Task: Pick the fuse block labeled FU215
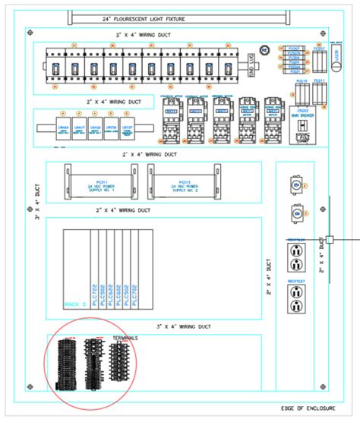tap(301, 93)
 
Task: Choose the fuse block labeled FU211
tap(320, 93)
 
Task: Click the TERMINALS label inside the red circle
tap(125, 338)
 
